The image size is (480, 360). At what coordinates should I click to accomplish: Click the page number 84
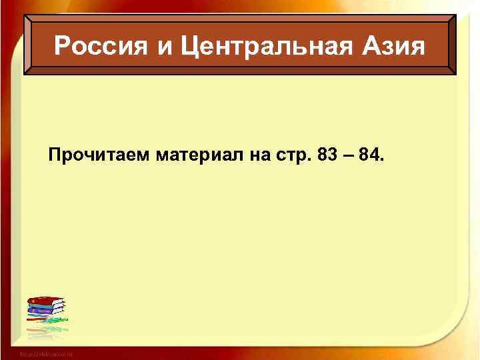coord(370,156)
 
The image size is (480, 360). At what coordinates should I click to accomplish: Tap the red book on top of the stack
coord(45,299)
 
